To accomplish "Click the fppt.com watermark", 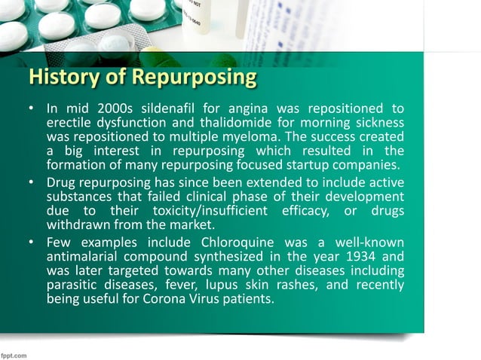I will point(15,352).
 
